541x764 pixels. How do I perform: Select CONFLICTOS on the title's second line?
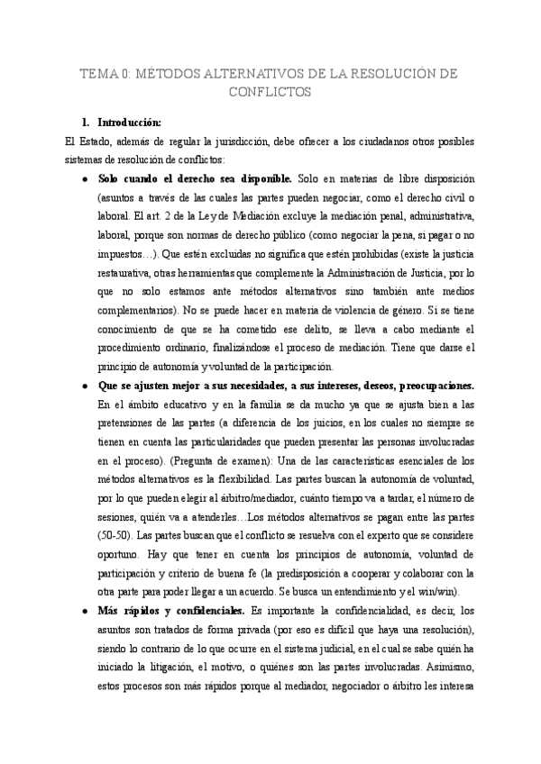tap(270, 92)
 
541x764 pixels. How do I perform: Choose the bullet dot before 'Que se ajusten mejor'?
tap(85, 387)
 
